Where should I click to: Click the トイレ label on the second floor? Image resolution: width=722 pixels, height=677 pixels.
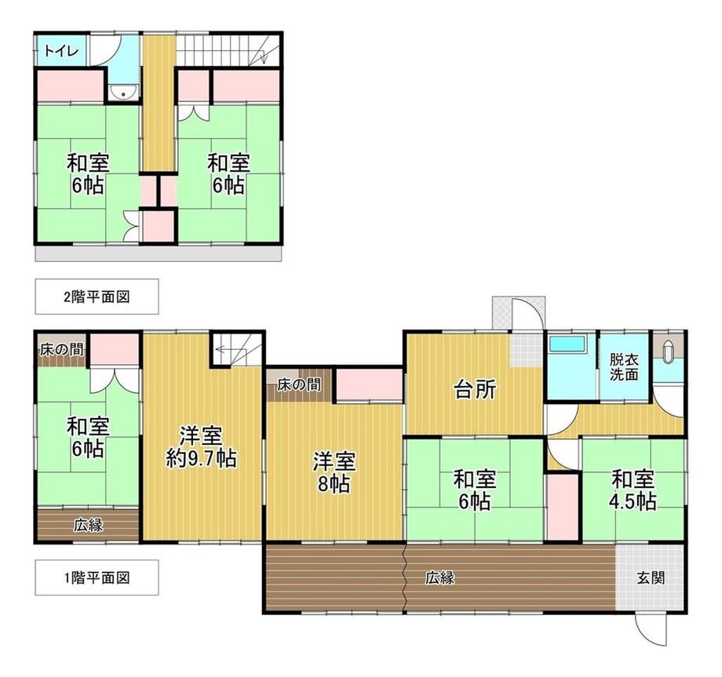62,51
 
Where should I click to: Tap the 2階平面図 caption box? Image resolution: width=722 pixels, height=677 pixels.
97,297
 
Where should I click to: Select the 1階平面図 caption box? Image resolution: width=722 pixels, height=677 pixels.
97,577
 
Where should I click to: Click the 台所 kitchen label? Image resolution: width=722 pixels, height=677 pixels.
476,391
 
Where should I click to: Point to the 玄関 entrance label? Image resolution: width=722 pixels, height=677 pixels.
651,578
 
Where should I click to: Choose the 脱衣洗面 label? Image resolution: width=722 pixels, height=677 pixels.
625,367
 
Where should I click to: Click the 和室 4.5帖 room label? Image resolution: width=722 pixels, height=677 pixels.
633,491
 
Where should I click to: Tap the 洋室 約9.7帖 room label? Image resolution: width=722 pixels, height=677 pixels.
201,447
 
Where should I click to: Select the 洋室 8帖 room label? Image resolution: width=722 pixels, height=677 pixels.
334,472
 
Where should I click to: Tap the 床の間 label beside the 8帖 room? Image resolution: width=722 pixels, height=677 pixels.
299,384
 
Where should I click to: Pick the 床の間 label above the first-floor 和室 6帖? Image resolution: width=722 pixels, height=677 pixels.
62,350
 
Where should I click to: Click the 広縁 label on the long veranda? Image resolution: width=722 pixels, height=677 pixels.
439,578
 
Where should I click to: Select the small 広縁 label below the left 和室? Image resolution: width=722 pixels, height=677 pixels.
89,525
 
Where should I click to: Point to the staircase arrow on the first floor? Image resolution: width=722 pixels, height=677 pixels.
232,349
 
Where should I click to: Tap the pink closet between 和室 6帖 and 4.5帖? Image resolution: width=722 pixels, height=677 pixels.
562,506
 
